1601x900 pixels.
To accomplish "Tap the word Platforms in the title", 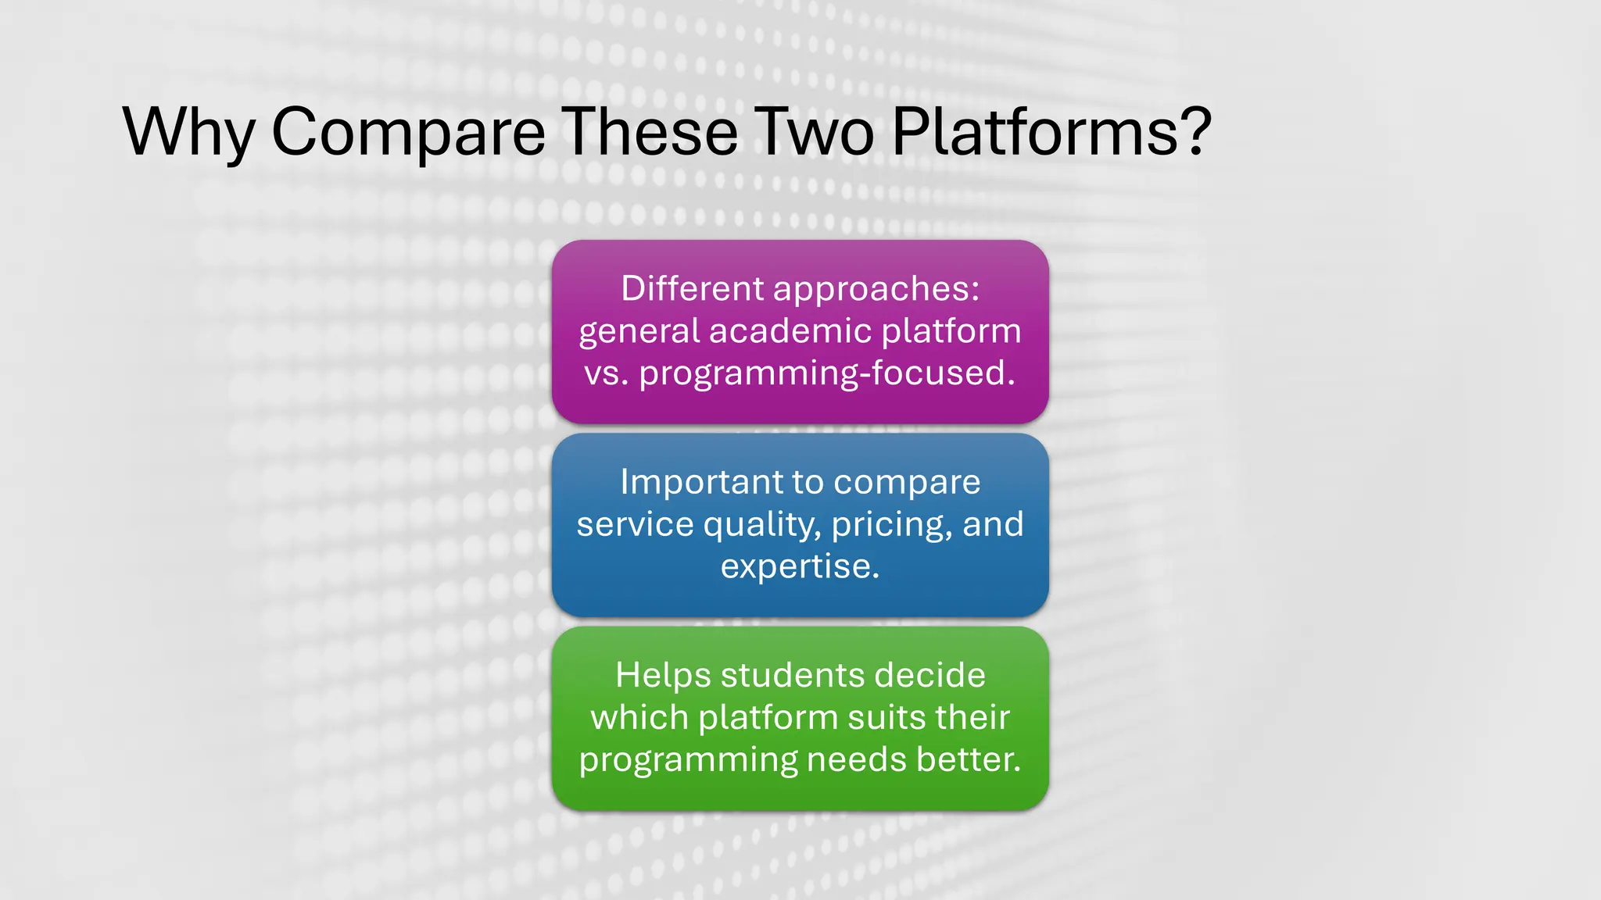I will (x=1035, y=131).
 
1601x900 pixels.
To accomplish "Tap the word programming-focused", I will (x=827, y=373).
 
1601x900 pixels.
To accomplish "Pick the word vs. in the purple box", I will (x=606, y=373).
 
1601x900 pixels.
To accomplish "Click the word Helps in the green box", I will (x=662, y=675).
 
